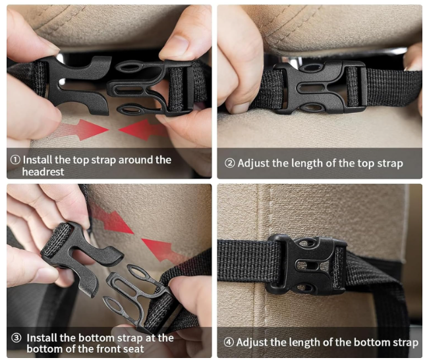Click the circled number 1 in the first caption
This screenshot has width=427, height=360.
[15, 160]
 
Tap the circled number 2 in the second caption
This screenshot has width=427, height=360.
[229, 164]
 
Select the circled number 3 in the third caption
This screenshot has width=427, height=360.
[16, 338]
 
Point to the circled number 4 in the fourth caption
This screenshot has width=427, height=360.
[229, 342]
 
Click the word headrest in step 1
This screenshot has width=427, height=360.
[43, 171]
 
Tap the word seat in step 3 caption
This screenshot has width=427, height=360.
[133, 349]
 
